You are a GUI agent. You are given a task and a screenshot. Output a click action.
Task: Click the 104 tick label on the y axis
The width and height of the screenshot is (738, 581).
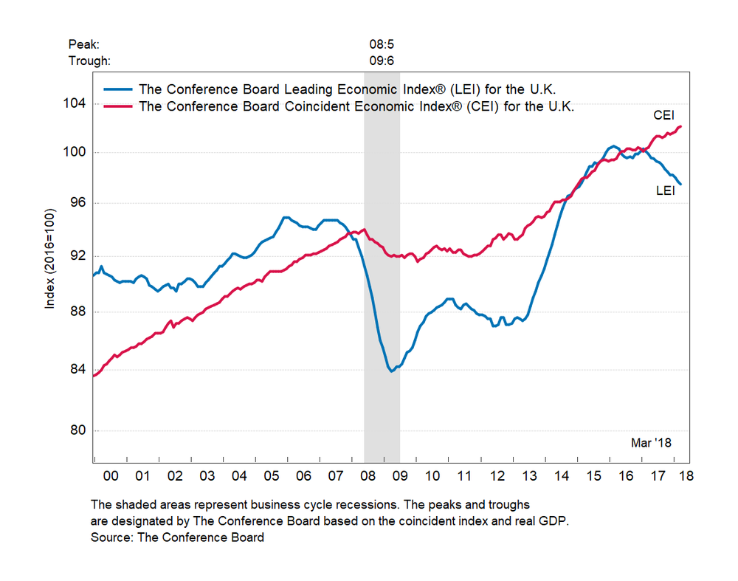coord(76,103)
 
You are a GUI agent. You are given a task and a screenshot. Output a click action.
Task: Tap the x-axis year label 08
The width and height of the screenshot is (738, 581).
coord(368,477)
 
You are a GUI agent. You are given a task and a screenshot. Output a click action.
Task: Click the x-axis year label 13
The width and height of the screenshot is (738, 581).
coord(528,477)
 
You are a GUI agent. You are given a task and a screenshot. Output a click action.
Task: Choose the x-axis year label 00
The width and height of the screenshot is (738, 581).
coord(111,477)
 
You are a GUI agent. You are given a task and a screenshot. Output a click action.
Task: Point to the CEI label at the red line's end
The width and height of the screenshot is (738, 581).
coord(663,116)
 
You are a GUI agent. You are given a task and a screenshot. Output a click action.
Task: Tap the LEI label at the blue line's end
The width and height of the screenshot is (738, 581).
coord(665,190)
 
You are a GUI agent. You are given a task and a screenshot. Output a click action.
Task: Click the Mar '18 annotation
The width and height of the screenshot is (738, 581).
coord(650,443)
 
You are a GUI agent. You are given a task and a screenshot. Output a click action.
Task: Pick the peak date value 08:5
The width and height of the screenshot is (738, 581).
coord(381,45)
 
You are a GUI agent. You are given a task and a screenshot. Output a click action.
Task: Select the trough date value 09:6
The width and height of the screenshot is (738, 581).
coord(381,61)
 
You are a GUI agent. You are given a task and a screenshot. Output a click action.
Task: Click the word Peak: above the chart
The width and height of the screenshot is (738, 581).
coord(83,45)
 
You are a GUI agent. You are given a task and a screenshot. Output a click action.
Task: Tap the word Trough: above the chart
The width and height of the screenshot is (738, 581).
coord(89,61)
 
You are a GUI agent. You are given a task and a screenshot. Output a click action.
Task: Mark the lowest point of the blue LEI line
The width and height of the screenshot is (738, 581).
coord(391,371)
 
